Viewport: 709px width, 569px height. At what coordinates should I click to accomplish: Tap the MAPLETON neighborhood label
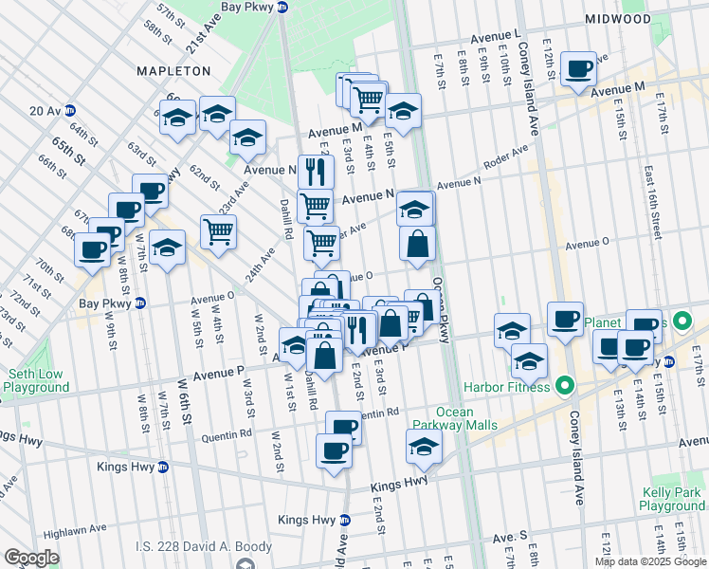(173, 71)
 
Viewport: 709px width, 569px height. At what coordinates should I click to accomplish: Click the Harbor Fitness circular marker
(565, 386)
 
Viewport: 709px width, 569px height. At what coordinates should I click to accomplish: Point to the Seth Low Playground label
(35, 379)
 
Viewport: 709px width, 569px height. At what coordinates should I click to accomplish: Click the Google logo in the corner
(31, 558)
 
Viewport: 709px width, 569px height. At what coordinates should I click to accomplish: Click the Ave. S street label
(509, 537)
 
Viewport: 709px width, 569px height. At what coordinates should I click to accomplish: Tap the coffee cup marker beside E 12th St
(578, 69)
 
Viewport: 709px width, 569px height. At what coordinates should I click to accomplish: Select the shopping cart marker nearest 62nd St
(218, 230)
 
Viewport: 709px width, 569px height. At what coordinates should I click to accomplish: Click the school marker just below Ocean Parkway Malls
(424, 448)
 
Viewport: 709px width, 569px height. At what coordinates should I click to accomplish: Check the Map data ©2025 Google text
(650, 561)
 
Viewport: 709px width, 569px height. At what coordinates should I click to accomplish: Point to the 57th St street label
(169, 14)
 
